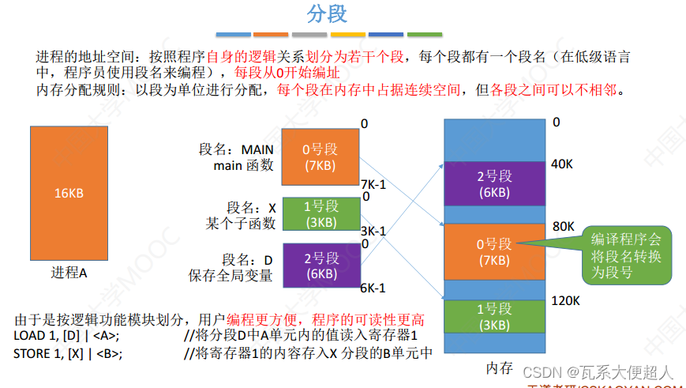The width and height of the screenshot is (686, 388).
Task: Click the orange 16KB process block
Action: point(69,194)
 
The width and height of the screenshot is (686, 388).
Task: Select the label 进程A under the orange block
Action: point(69,273)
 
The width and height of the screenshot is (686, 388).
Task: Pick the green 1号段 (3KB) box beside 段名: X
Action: point(321,213)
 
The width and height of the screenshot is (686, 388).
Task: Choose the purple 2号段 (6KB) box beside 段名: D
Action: point(320,265)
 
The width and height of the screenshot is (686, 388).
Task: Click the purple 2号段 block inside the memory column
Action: point(494,183)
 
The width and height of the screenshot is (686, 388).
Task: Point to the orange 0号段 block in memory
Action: point(494,251)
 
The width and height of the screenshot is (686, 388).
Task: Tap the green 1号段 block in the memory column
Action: point(494,316)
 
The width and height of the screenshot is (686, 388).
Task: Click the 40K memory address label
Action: point(563,164)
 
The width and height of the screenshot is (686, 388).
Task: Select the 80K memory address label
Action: point(564,227)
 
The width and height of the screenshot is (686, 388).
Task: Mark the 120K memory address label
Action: point(566,301)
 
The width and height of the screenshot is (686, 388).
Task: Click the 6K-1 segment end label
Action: point(373,288)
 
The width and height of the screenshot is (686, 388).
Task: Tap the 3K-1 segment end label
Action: point(373,232)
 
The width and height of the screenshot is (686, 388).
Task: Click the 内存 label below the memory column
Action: point(500,368)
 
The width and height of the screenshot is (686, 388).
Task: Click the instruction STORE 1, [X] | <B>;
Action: point(68,353)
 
